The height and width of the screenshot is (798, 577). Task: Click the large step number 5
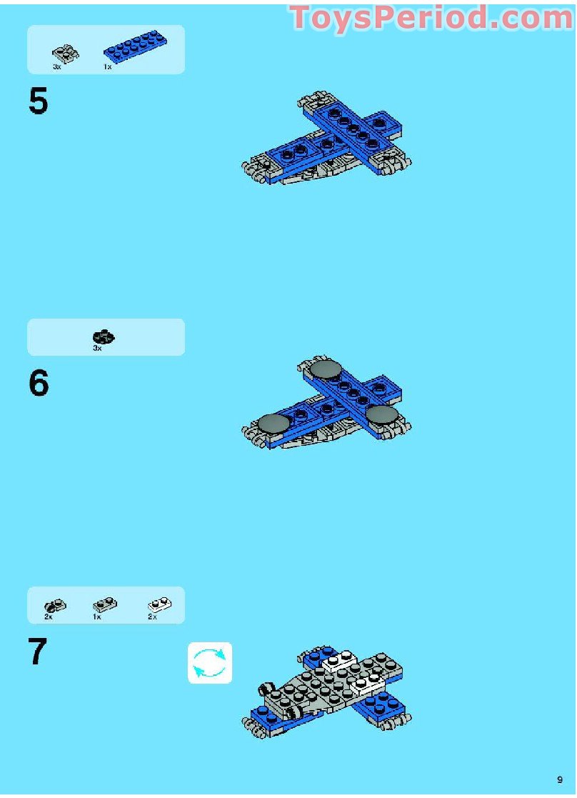39,102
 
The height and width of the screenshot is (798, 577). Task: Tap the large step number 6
39,384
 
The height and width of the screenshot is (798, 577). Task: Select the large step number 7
38,652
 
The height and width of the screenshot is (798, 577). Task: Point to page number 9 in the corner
560,779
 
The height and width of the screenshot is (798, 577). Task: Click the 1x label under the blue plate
107,67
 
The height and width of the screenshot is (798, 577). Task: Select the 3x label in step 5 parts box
57,67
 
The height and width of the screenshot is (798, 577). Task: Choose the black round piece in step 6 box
104,336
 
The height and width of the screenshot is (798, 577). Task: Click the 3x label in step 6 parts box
97,349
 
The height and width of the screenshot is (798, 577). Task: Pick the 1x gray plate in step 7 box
104,606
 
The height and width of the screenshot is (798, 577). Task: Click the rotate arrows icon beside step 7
210,663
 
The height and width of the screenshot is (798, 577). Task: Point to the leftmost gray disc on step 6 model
275,424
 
